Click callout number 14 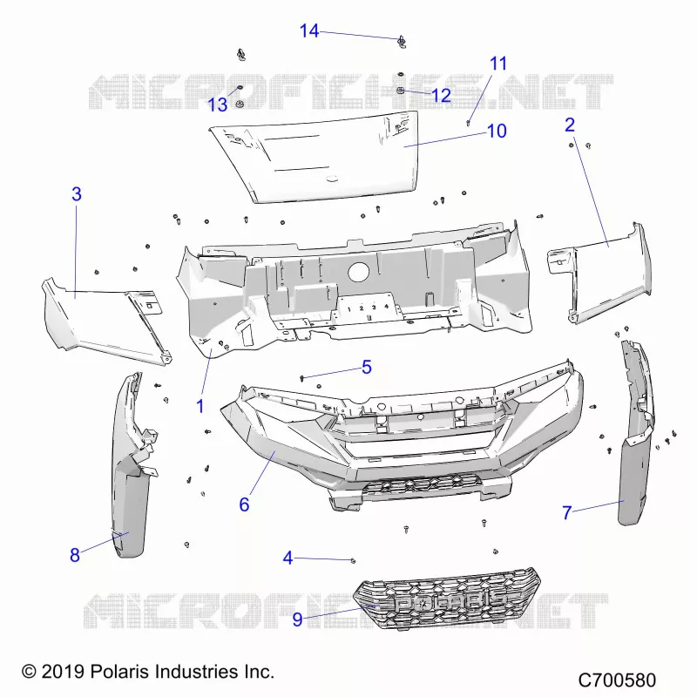(309, 31)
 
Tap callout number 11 (498, 64)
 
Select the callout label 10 (497, 132)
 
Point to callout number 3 (77, 193)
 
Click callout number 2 (570, 125)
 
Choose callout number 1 (200, 406)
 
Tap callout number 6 (244, 504)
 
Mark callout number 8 (75, 555)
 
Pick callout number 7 (567, 512)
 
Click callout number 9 (297, 619)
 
